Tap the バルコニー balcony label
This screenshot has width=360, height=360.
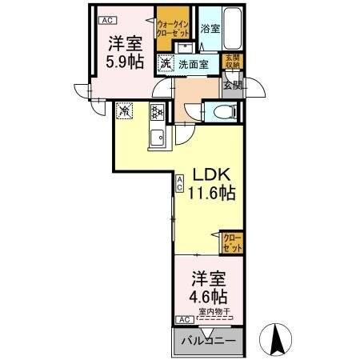(x=207, y=342)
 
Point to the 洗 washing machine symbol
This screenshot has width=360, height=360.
(x=164, y=64)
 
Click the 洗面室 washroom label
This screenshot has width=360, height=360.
(x=192, y=64)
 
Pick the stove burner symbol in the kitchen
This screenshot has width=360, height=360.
(x=158, y=112)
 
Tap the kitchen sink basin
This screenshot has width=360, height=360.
(x=157, y=137)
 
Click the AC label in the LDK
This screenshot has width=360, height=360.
(x=180, y=182)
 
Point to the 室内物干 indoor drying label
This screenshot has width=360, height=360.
(x=214, y=311)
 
